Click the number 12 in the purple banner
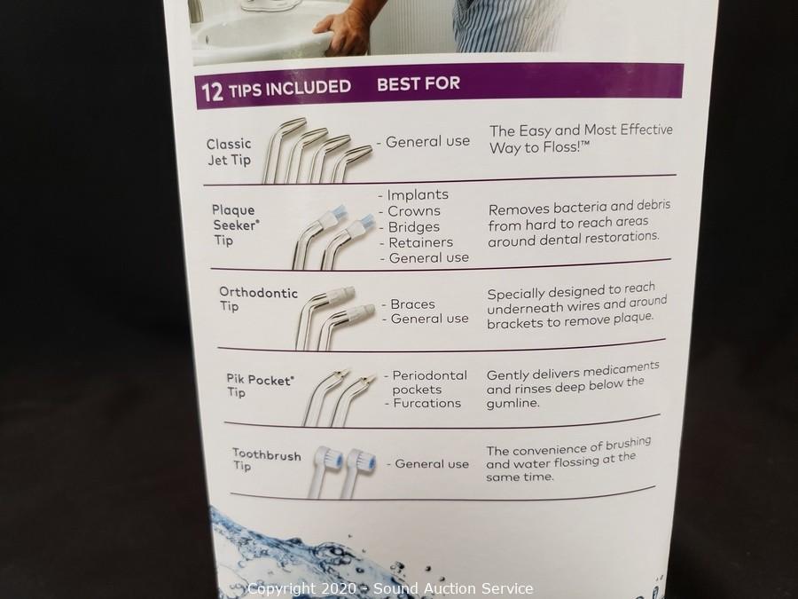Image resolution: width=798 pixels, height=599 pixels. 212,91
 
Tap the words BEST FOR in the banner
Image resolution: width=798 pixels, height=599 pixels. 419,83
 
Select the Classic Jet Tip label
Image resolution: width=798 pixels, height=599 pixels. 229,152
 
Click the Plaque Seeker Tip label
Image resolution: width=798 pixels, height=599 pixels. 236,225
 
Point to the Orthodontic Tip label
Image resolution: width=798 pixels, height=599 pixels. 258,299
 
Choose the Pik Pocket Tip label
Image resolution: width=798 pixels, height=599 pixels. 260,385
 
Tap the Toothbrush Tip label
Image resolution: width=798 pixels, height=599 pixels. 266,460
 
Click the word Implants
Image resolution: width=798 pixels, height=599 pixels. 418,194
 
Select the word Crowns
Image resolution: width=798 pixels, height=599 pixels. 414,211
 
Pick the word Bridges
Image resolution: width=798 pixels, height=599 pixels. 414,226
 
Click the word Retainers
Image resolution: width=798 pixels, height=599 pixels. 421,242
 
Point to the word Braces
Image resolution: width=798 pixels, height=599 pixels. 412,304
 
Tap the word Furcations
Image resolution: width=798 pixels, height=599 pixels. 427,403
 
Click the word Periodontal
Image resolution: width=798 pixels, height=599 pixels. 430,375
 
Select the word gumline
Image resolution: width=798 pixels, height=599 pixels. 512,404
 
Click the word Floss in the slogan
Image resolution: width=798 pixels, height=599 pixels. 561,147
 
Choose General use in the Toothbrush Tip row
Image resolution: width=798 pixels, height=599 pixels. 432,464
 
